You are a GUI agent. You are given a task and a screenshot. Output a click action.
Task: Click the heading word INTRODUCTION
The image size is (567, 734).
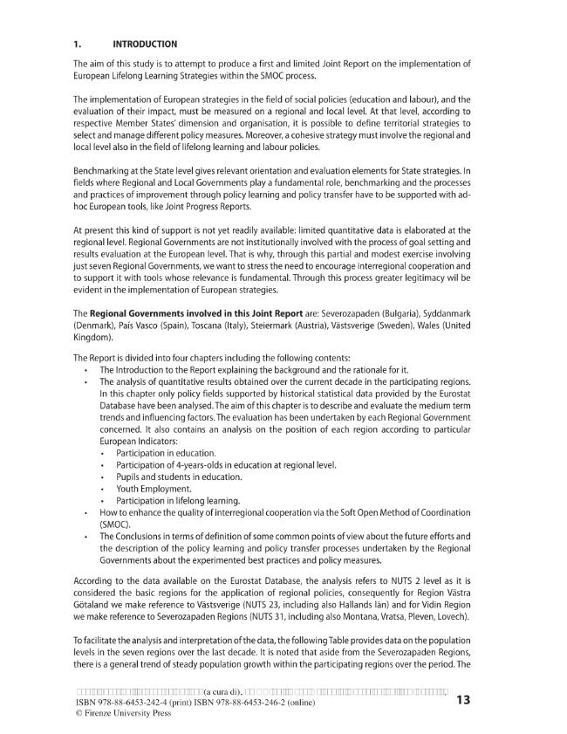tap(145, 44)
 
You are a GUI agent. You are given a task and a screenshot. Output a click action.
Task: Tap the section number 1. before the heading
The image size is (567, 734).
tap(77, 44)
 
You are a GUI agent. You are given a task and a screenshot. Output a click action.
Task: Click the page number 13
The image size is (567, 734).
tap(463, 699)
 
